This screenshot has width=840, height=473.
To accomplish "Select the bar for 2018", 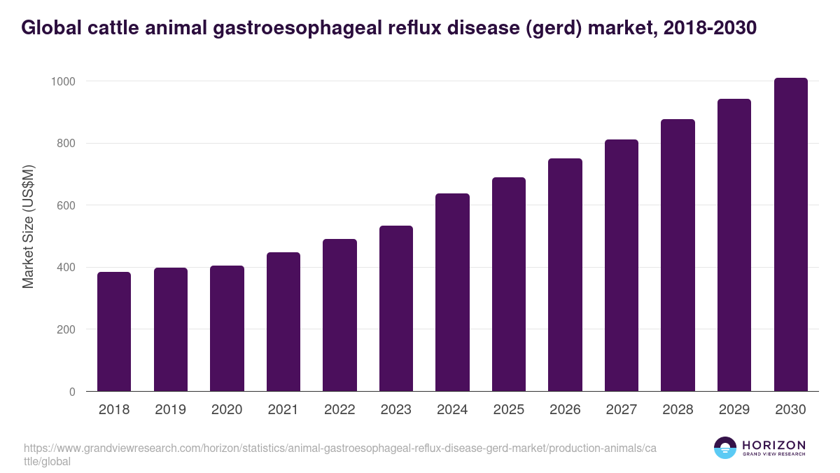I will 114,331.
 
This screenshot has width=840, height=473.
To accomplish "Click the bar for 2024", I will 452,292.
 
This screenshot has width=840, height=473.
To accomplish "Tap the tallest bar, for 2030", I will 790,235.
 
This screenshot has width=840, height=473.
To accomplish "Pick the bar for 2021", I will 283,322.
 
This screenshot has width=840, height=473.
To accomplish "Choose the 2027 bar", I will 622,266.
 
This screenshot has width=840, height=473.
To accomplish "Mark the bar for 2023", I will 395,308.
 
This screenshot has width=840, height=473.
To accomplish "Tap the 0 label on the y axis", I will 72,392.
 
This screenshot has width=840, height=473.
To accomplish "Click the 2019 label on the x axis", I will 170,410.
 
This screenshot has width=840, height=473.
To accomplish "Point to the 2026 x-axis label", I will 565,410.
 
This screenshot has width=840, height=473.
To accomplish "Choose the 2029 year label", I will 734,410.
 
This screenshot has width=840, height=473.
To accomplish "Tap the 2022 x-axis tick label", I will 339,410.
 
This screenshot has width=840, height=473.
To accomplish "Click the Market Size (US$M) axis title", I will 29,226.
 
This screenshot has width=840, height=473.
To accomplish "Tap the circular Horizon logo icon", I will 725,448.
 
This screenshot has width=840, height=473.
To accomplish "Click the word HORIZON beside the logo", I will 773,444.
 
